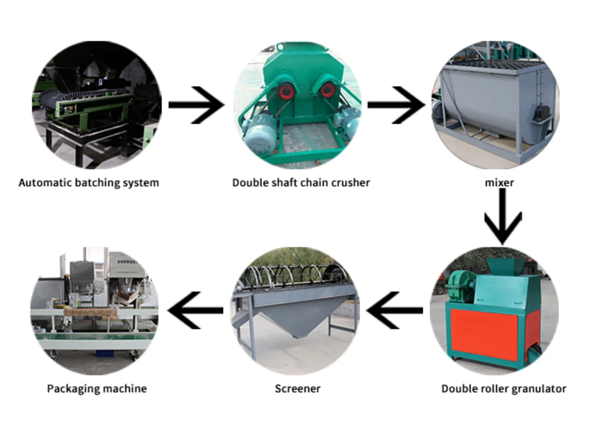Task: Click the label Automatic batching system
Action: [89, 183]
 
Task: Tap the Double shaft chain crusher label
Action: [301, 183]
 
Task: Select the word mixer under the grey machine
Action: [499, 183]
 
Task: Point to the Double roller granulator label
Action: [504, 389]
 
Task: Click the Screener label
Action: [298, 389]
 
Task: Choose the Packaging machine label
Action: [97, 389]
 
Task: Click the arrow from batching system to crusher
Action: [196, 105]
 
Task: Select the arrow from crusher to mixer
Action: [396, 105]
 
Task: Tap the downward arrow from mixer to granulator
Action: [502, 216]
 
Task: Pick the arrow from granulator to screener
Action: [394, 310]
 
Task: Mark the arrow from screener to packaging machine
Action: [195, 310]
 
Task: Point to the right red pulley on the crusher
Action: [327, 91]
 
